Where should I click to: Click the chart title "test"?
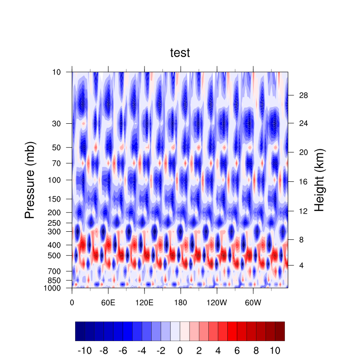tap(180, 53)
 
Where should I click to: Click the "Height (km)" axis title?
tap(319, 180)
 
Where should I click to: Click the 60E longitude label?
tap(108, 302)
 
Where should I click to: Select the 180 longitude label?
tap(180, 302)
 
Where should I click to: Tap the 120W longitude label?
tap(216, 302)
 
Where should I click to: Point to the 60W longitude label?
tap(253, 302)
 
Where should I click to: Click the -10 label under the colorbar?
tap(85, 350)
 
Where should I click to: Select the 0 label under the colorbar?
tap(180, 350)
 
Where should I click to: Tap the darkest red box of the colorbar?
tap(280, 331)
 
